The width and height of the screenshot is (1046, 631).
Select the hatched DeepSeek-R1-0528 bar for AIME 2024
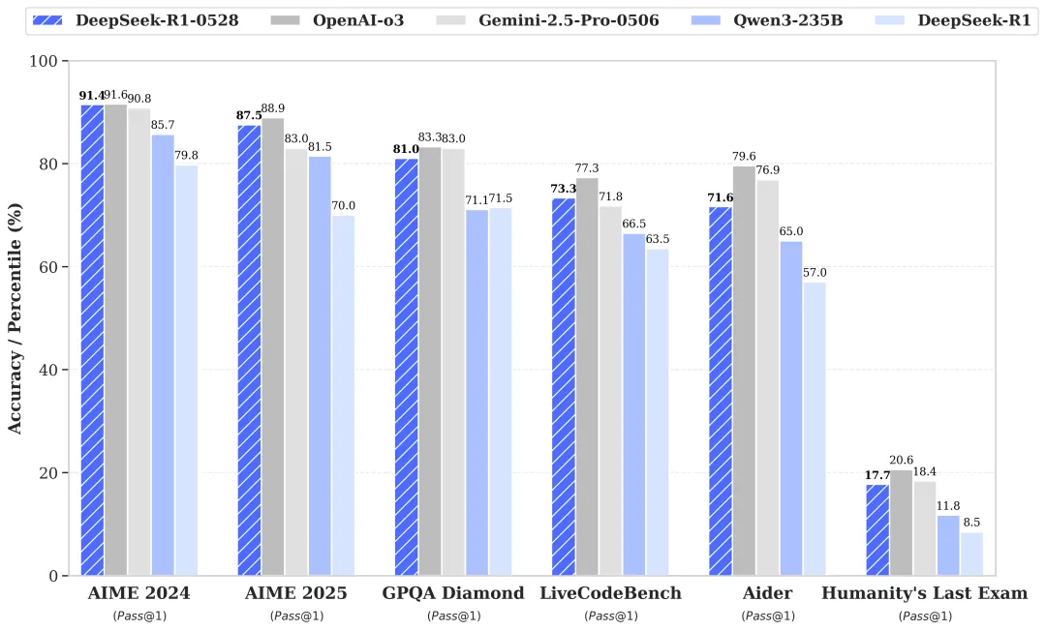coord(92,340)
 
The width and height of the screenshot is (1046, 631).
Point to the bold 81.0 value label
coord(407,149)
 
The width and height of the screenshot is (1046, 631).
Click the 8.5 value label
coord(971,523)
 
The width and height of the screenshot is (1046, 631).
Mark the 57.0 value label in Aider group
coord(815,273)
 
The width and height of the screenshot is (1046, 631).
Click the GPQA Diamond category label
coord(453,593)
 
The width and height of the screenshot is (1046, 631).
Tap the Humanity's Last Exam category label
coord(924,593)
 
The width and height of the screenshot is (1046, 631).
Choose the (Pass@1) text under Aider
coord(768,616)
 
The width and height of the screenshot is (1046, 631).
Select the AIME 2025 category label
coord(296,593)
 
